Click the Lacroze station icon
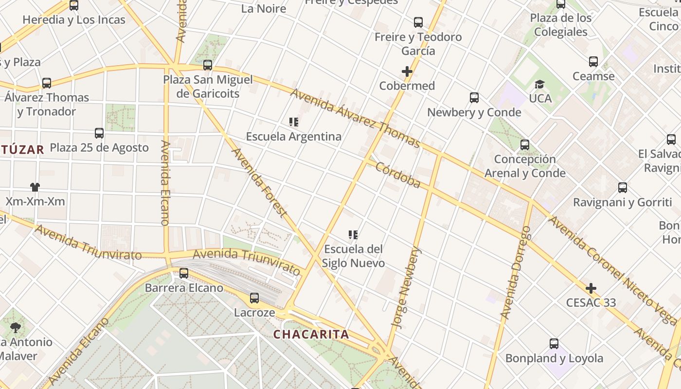[254, 298]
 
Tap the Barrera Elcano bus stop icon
[184, 273]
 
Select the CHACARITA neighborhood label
[311, 335]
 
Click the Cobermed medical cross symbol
[407, 72]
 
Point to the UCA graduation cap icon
[539, 85]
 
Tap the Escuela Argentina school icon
[293, 122]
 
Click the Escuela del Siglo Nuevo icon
[353, 235]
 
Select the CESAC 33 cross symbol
[591, 288]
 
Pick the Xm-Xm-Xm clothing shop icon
[35, 187]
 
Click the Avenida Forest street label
[258, 182]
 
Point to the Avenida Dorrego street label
[516, 272]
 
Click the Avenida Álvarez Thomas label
[355, 118]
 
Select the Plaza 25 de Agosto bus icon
[99, 133]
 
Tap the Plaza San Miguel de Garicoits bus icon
[208, 65]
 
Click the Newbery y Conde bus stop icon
[474, 98]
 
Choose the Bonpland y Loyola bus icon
[554, 344]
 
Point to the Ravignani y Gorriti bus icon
[623, 188]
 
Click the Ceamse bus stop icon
[593, 62]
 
